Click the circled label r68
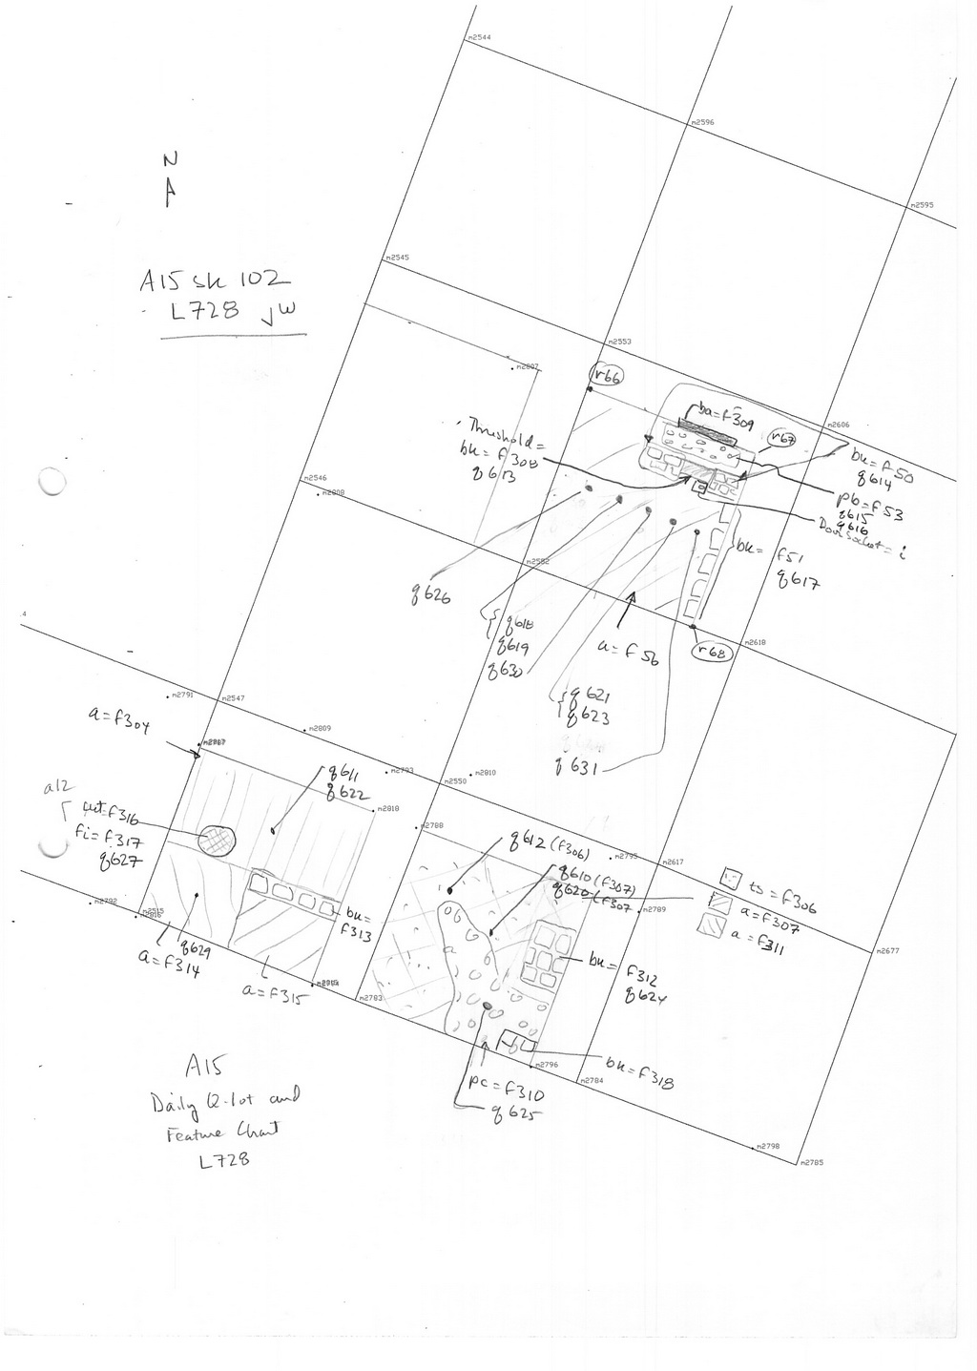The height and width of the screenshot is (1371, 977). point(712,653)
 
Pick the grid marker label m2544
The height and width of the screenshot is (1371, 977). point(479,37)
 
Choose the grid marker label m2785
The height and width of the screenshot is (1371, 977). point(812,1162)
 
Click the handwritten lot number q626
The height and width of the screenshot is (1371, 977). point(432,597)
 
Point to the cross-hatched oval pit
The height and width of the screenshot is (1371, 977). point(216,840)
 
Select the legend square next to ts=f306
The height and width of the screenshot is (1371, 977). point(732,876)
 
